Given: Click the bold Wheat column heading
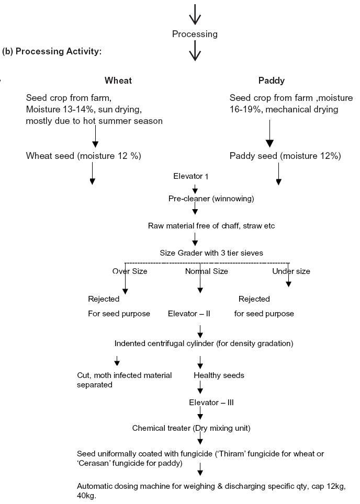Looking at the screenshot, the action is tap(118, 81).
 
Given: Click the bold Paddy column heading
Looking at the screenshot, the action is tap(272, 81).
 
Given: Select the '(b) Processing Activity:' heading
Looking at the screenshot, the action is tap(52, 51).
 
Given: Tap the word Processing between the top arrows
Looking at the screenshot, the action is tap(195, 34).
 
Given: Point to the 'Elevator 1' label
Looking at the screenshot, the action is tap(191, 176).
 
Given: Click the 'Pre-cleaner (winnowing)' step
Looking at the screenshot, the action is tap(211, 199).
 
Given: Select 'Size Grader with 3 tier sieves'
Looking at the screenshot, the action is tap(211, 253).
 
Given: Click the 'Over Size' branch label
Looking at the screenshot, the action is tap(130, 271).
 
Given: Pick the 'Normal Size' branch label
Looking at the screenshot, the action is tap(207, 271).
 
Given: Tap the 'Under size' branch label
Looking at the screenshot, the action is tap(291, 271).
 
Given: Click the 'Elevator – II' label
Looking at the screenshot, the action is tap(189, 314).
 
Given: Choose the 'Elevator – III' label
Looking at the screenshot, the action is tap(211, 403).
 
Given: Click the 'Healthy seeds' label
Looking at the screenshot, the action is tap(219, 375).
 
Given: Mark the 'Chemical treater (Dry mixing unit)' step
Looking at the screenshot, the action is tap(191, 428).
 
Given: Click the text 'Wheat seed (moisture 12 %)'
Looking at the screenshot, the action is tap(84, 156).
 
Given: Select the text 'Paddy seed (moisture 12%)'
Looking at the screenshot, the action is tap(285, 156).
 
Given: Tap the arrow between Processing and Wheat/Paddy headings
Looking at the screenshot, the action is tap(195, 51).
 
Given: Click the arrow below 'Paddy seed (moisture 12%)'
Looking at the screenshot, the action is tap(278, 174).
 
